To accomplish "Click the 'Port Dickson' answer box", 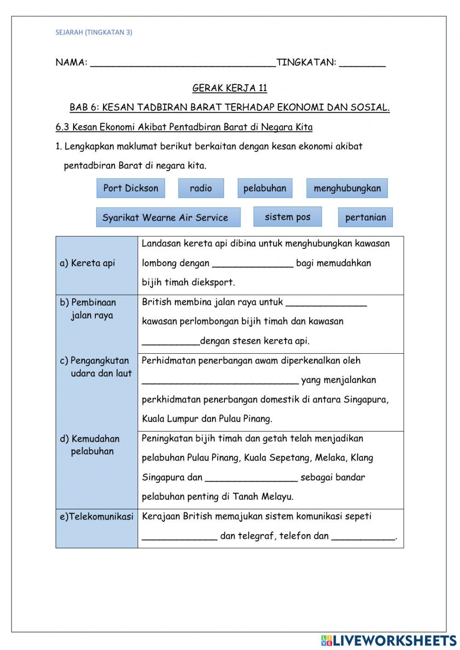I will [131, 188].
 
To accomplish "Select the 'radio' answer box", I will [201, 188].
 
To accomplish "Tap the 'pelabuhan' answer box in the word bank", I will [264, 188].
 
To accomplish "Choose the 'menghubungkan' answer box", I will [347, 188].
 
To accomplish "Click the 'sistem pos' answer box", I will [287, 217].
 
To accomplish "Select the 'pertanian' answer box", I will [365, 218].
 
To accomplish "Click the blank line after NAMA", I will [183, 63].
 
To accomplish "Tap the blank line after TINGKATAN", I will [362, 63].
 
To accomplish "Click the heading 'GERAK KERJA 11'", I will [230, 88].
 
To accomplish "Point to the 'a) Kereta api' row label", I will [87, 263].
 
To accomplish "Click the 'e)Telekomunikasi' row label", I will [97, 517].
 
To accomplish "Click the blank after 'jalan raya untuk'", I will [326, 303].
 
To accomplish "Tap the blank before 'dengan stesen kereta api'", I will [171, 342].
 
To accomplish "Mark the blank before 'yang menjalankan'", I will [220, 381].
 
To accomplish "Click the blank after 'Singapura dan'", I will [251, 478].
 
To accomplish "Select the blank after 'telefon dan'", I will [363, 536].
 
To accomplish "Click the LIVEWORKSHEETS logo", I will [389, 640].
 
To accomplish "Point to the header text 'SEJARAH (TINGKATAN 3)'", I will [94, 32].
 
